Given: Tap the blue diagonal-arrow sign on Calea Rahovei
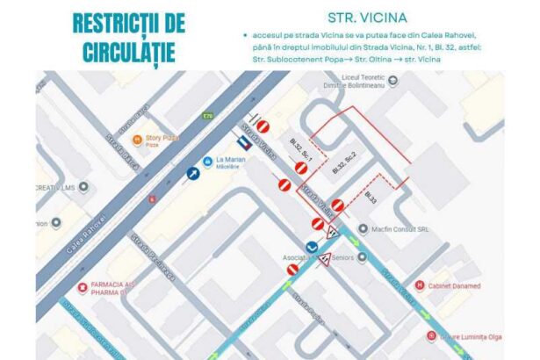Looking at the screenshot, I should [x=191, y=175].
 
